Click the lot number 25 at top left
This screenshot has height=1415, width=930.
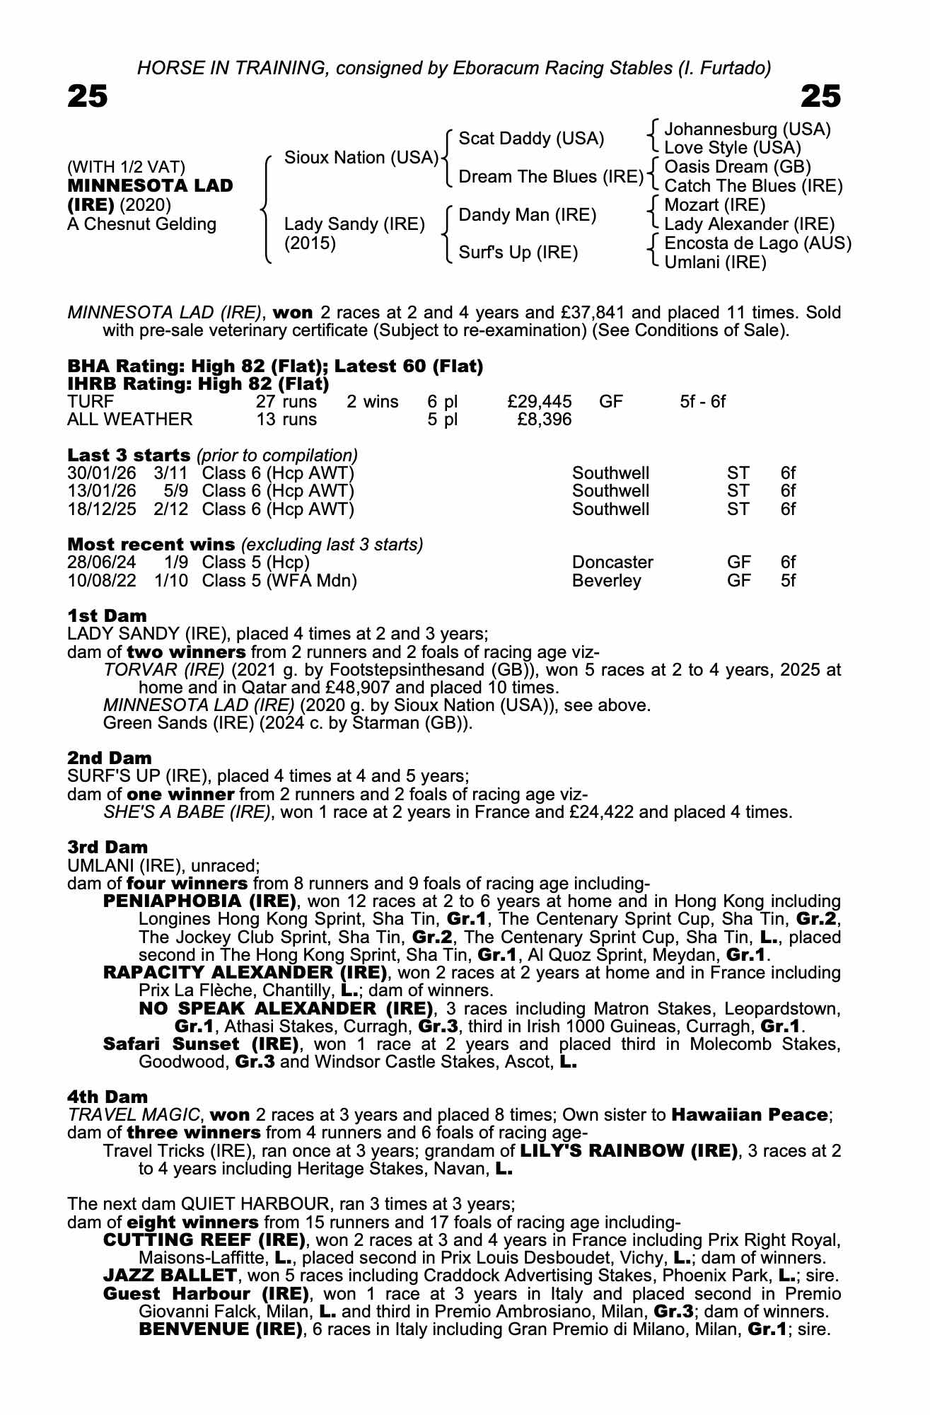88,96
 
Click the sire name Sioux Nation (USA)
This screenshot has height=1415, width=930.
361,158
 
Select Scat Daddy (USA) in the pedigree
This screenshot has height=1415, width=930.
531,139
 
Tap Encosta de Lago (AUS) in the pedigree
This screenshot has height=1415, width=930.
758,243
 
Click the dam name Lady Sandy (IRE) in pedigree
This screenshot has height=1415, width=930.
354,224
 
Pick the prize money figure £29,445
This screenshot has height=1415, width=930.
540,402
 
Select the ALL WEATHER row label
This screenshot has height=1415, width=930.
129,420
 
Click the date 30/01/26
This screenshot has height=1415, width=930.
102,473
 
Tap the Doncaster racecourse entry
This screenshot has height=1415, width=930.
612,562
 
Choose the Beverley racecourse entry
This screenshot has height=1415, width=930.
606,581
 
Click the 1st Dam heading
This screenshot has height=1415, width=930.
107,616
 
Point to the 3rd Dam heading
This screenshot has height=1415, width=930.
107,847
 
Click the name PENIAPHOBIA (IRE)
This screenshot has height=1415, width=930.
199,901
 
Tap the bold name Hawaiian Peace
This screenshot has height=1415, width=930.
749,1115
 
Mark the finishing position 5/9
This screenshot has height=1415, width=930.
175,491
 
